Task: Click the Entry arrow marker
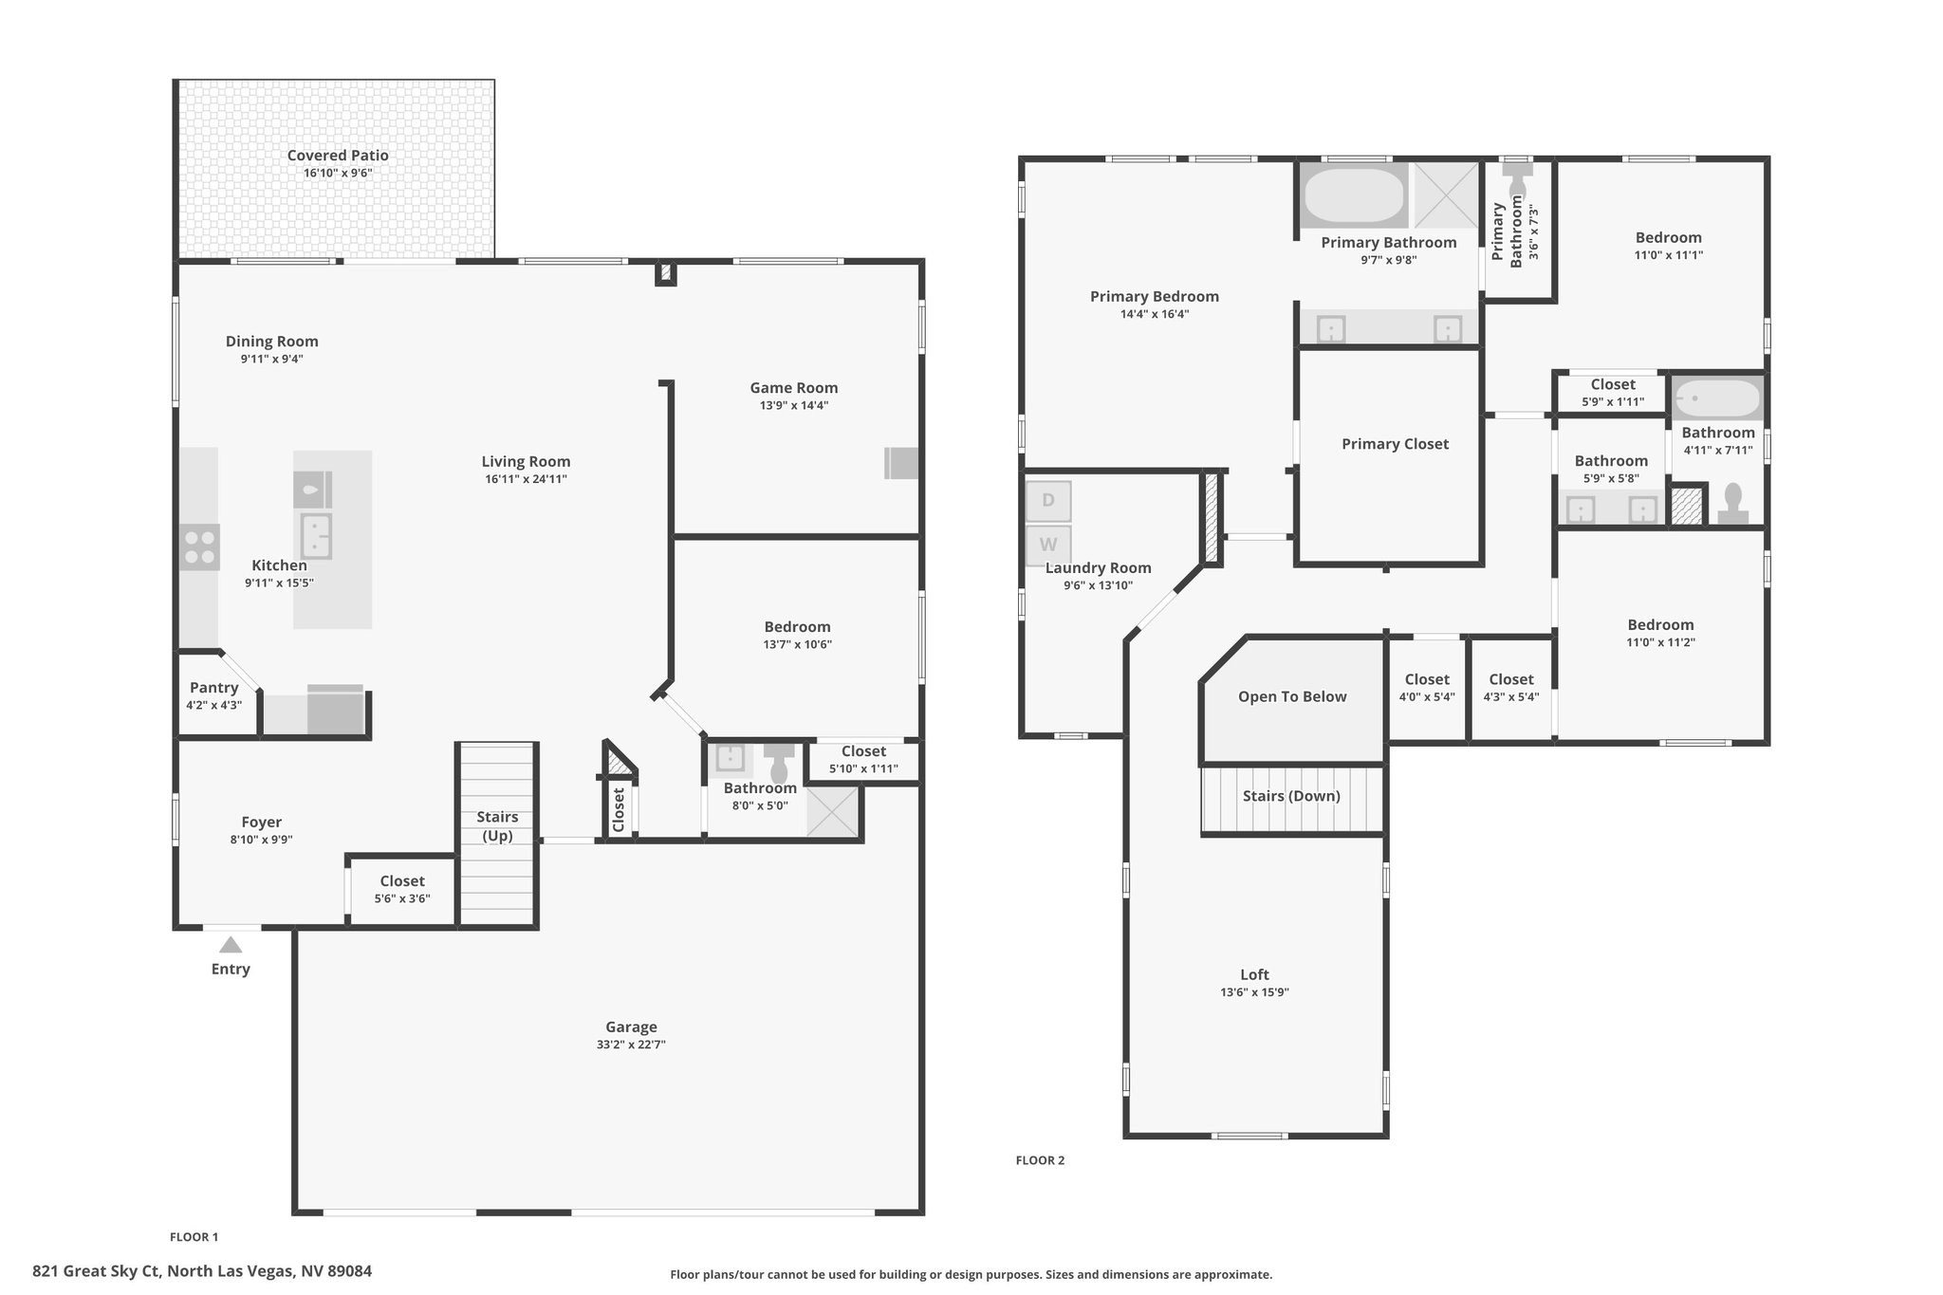(x=231, y=945)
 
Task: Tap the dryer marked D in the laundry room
(x=1048, y=501)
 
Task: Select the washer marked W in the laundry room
(x=1048, y=546)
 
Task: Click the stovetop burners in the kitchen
(x=199, y=547)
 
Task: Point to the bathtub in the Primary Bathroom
(x=1354, y=195)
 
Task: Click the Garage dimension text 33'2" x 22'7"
(x=631, y=1045)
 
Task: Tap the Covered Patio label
(x=338, y=156)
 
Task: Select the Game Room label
(x=794, y=387)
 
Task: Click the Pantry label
(x=214, y=688)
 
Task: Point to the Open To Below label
(x=1292, y=696)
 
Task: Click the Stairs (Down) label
(x=1291, y=796)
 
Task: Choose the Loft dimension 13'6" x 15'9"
(x=1254, y=992)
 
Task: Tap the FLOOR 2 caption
(x=1040, y=1160)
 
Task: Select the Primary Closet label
(x=1395, y=444)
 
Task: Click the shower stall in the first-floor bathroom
(x=833, y=813)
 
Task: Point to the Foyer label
(x=261, y=823)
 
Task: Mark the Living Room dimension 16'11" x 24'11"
(x=526, y=479)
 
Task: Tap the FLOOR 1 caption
(x=194, y=1237)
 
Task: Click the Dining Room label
(x=272, y=342)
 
